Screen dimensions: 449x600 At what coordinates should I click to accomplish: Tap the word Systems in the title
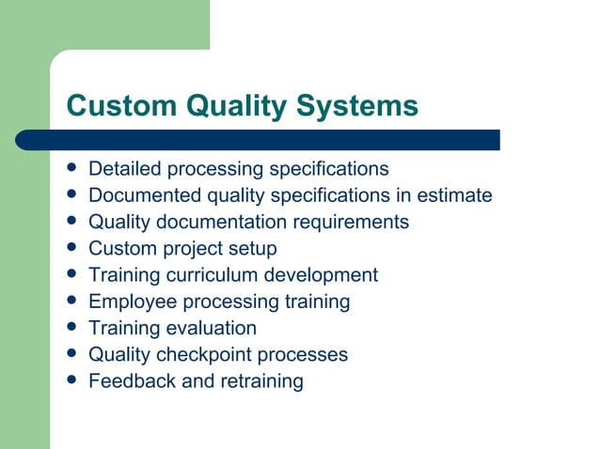(357, 106)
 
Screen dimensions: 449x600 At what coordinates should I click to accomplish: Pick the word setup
(254, 249)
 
